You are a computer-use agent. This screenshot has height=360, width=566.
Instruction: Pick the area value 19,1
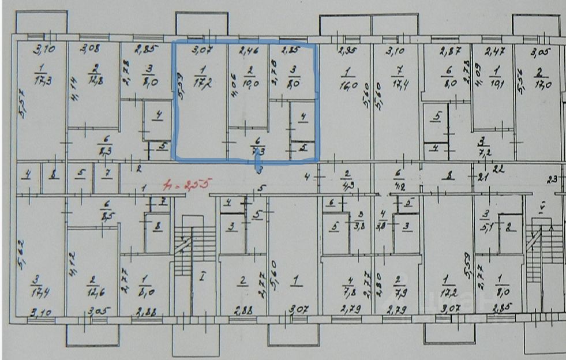click(495, 82)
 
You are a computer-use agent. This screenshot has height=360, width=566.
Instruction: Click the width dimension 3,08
click(89, 48)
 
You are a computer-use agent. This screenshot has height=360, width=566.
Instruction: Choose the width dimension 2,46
click(248, 50)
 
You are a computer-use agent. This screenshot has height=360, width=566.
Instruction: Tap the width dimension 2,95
click(346, 51)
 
